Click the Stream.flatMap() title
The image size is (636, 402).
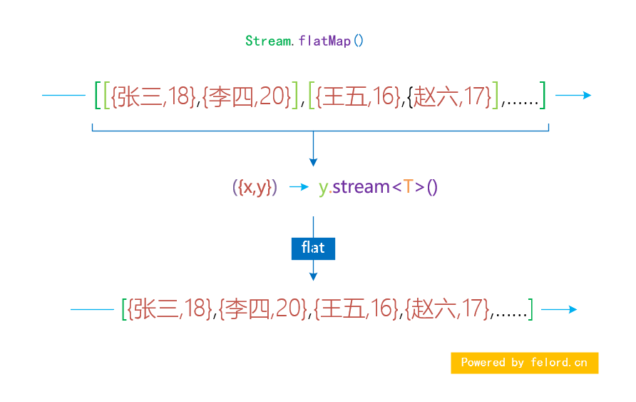coord(304,41)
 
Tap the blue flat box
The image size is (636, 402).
coord(313,248)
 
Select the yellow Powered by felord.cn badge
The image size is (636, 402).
coord(524,363)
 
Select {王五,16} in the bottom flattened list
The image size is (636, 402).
coord(357,309)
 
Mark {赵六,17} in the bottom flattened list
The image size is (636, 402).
coord(448,309)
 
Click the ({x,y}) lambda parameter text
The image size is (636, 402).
coord(255,187)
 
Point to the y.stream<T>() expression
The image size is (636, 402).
coord(378,187)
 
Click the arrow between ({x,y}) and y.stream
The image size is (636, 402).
coord(298,187)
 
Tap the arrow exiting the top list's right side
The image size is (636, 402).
coord(573,95)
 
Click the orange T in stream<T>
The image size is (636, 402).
coord(408,187)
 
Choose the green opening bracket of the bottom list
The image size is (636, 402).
coord(125,309)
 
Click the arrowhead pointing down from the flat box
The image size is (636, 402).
coord(313,276)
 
